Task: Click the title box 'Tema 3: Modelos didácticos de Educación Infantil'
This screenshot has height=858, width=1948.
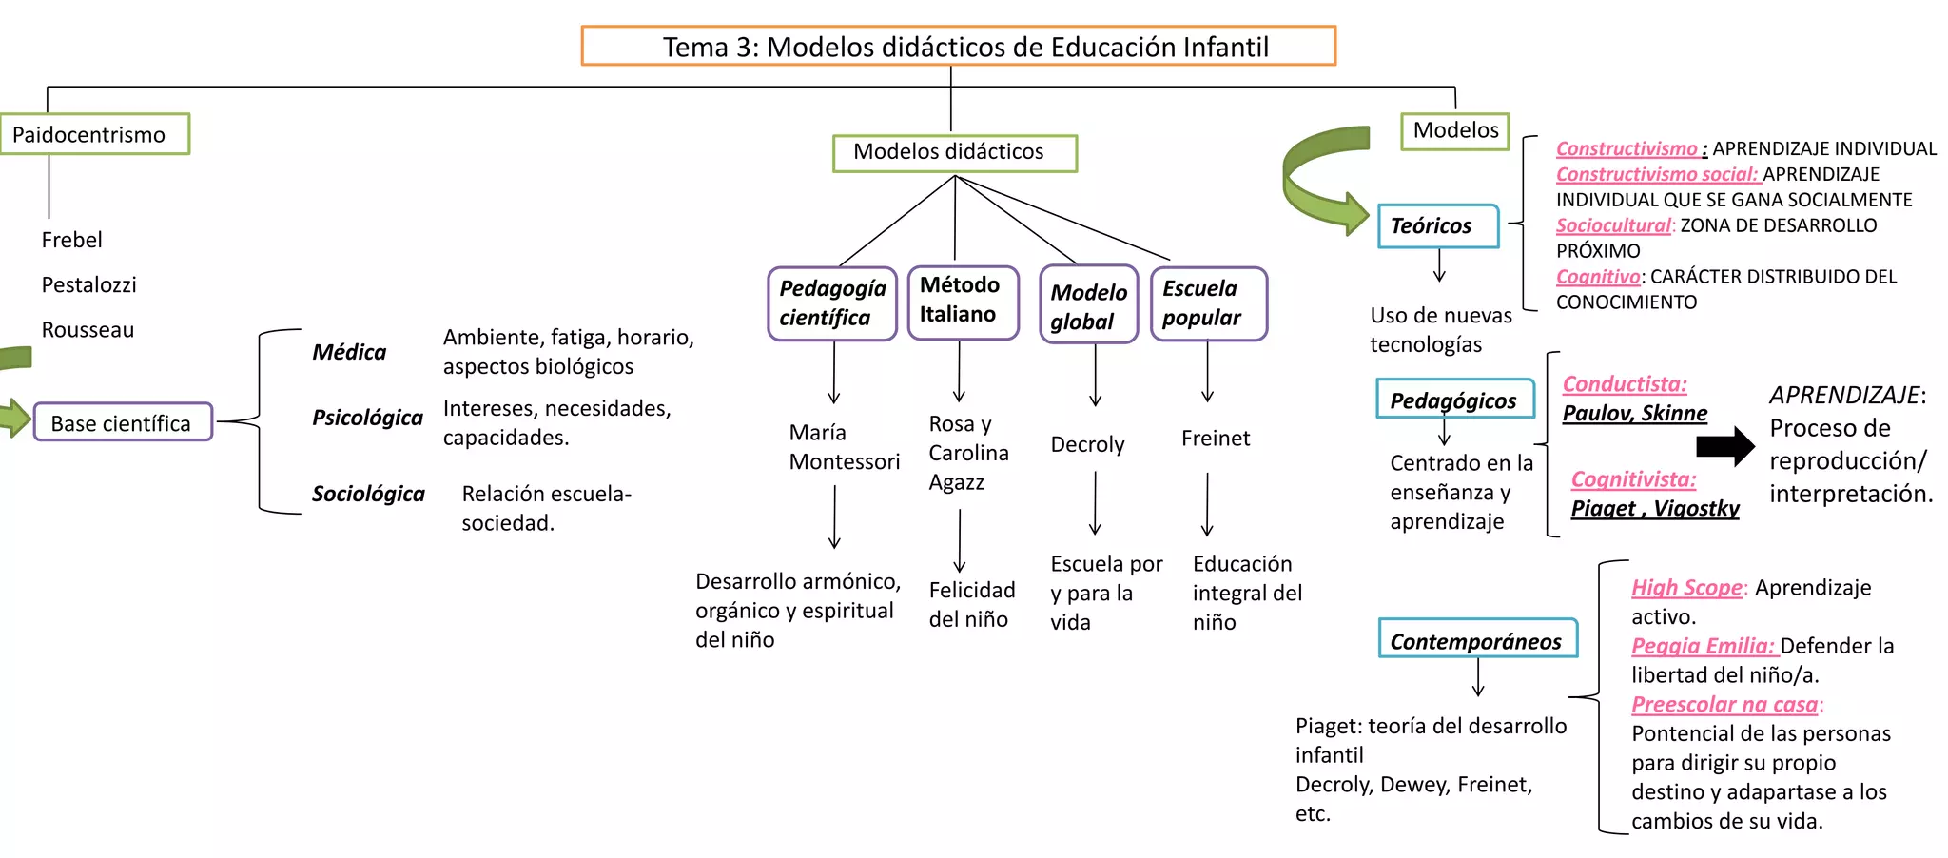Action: [958, 46]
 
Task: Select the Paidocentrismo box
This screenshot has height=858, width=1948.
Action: [95, 134]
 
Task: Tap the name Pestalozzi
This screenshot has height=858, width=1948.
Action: [88, 284]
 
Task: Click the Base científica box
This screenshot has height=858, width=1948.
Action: [123, 422]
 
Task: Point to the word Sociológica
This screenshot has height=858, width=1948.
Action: [368, 494]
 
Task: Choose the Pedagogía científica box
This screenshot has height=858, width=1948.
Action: [832, 303]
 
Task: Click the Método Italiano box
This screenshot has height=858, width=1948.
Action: [963, 302]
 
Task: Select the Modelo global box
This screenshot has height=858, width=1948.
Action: [1088, 305]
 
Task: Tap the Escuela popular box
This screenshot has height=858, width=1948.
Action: [1208, 303]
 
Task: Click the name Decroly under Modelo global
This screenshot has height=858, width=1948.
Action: [1087, 444]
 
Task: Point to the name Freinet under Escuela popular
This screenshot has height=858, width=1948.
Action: [1216, 439]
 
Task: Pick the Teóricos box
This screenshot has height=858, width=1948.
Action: [1437, 225]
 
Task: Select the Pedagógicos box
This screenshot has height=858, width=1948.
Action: [1454, 400]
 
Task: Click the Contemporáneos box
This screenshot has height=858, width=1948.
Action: [1477, 639]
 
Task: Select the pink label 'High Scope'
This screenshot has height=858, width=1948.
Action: [1686, 588]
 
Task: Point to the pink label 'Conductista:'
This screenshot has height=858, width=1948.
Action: [1625, 384]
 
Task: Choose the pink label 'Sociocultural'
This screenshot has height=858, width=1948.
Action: [1612, 225]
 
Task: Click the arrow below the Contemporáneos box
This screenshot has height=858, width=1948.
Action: [1478, 677]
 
